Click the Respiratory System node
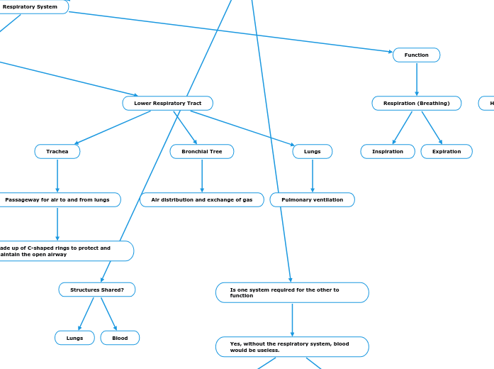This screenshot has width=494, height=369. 30,7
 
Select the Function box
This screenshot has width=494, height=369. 416,55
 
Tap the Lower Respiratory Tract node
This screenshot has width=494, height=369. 167,104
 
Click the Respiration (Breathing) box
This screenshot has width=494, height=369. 416,104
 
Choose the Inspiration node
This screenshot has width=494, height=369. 387,152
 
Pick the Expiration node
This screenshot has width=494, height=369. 446,152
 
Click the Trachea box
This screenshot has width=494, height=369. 57,152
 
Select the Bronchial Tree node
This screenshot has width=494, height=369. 201,152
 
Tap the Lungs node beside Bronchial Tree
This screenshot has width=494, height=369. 312,152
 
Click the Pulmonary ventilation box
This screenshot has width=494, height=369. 312,200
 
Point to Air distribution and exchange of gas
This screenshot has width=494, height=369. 201,200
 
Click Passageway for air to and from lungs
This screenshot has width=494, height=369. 58,200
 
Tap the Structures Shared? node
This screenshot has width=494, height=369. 96,290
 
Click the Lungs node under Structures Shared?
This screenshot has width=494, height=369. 74,338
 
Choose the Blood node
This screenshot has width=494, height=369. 120,338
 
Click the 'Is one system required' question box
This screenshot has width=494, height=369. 291,292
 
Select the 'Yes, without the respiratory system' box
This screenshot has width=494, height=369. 291,347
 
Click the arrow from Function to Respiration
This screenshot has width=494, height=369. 416,79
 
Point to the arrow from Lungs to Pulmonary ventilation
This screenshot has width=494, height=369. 312,175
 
